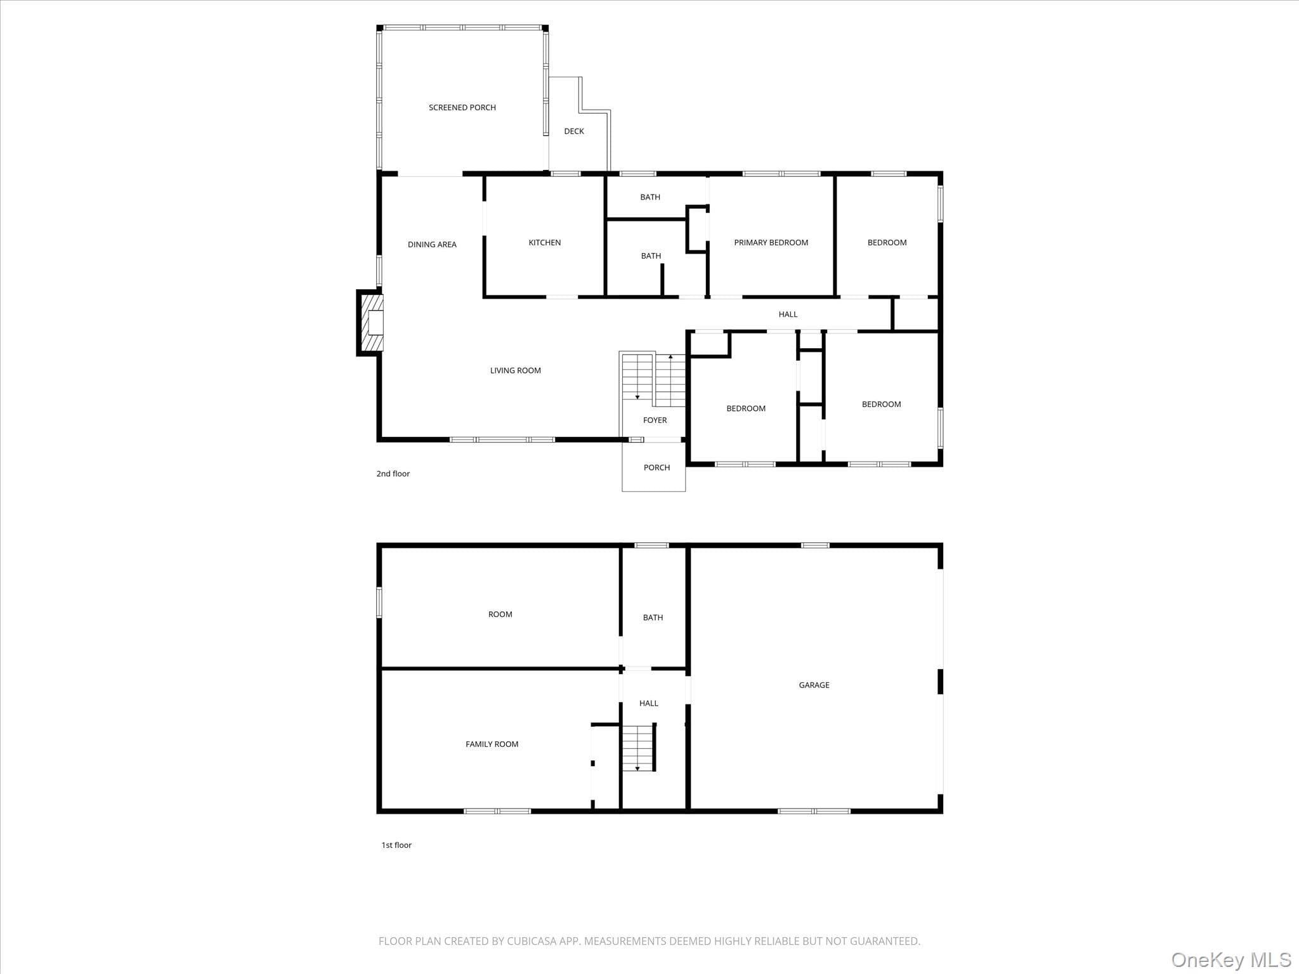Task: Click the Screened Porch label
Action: point(462,108)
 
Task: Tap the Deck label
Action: point(574,131)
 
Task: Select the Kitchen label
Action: point(545,242)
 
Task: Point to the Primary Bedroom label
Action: point(771,242)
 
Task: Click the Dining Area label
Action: point(432,244)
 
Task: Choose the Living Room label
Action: point(516,370)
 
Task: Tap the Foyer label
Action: point(655,420)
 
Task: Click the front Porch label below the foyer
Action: point(657,467)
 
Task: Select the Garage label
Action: point(814,685)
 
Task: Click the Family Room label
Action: point(492,744)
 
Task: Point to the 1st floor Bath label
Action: point(653,617)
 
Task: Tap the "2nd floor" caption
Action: point(393,474)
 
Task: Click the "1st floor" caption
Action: point(396,845)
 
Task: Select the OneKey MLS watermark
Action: point(1231,959)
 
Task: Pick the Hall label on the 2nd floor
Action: point(788,314)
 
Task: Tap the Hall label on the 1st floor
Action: point(649,703)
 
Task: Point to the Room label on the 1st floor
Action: point(500,614)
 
